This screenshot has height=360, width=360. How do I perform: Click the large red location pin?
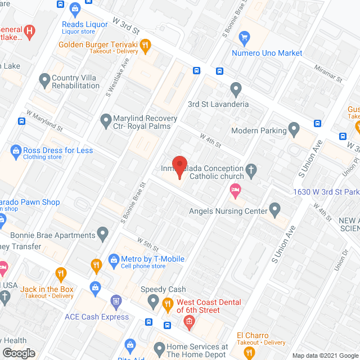tap(179, 166)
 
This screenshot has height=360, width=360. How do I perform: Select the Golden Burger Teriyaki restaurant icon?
tap(145, 46)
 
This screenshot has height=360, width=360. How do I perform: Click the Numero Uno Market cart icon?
tap(244, 39)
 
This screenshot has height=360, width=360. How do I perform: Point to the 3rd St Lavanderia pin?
tap(236, 89)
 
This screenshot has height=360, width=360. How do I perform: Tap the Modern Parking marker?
tap(294, 130)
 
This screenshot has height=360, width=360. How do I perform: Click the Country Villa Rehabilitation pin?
tap(44, 81)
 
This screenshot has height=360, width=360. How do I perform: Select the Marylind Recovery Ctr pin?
tap(105, 120)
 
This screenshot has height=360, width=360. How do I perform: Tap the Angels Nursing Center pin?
tap(274, 210)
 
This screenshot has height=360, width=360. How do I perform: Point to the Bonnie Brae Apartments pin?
tap(102, 232)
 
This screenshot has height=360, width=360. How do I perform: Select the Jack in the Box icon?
tap(61, 275)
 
